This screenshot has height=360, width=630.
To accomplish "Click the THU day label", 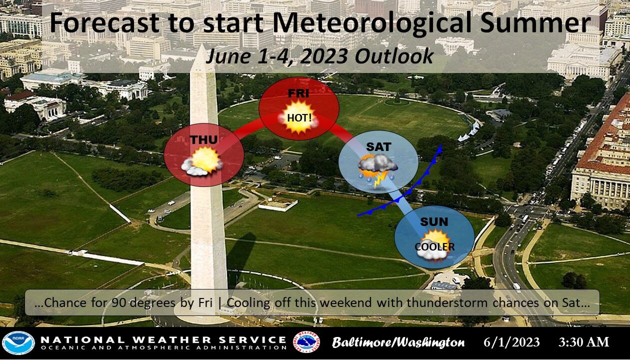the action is pos(203,139).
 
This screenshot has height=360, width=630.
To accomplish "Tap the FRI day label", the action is pos(298,93).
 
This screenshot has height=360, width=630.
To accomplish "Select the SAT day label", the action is pos(378,146).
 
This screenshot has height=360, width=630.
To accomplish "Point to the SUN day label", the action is pos(434,221).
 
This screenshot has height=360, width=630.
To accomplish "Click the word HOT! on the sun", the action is pos(299,117).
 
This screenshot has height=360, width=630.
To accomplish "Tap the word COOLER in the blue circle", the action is pos(434,246).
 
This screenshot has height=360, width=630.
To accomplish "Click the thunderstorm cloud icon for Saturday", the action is pos(377,170).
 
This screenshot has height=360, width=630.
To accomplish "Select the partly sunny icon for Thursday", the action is pos(202,161).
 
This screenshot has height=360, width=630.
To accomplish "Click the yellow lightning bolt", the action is pos(377,179).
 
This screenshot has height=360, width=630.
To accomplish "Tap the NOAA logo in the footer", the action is pos(18,343).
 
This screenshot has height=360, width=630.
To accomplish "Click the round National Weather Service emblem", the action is pos(306,342).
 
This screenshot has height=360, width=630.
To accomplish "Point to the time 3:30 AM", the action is pos(583,342).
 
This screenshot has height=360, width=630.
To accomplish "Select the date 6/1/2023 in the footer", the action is pos(511,342).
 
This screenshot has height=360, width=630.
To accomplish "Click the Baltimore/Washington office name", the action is pos(398,342).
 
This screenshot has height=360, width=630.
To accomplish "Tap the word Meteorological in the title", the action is pos(372,23).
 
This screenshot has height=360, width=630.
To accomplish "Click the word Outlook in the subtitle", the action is pos(394,55).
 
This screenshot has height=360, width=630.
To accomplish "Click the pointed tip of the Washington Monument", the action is pos(202,44).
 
